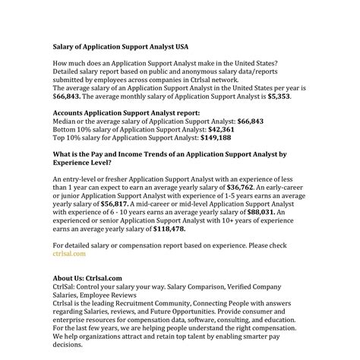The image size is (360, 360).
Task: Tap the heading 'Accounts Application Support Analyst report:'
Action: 127,112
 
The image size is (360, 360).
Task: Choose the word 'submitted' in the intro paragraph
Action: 73,81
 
